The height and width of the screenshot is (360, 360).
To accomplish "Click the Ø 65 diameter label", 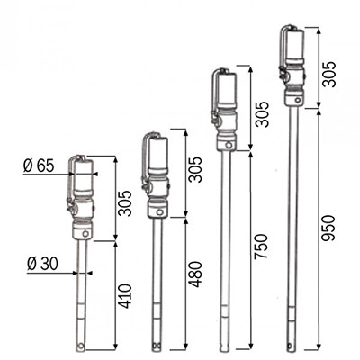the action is pos(39,166).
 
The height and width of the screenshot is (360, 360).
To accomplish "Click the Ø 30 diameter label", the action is pos(42,265).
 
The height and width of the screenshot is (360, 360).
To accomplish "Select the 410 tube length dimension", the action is pos(124,296).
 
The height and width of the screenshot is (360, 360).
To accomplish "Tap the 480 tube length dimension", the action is pos(196,274).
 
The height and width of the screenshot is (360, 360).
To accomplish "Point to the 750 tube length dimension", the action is pos(260,247).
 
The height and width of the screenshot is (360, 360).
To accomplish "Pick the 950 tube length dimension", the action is pos(328,229).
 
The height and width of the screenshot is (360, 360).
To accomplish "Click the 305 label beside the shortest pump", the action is pos(124,203).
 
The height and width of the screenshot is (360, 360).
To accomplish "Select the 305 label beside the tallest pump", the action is pos(328,74).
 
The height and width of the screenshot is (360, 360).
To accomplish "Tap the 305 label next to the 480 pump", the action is pos(196,169).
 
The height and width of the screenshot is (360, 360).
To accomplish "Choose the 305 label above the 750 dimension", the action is pos(260,114).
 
